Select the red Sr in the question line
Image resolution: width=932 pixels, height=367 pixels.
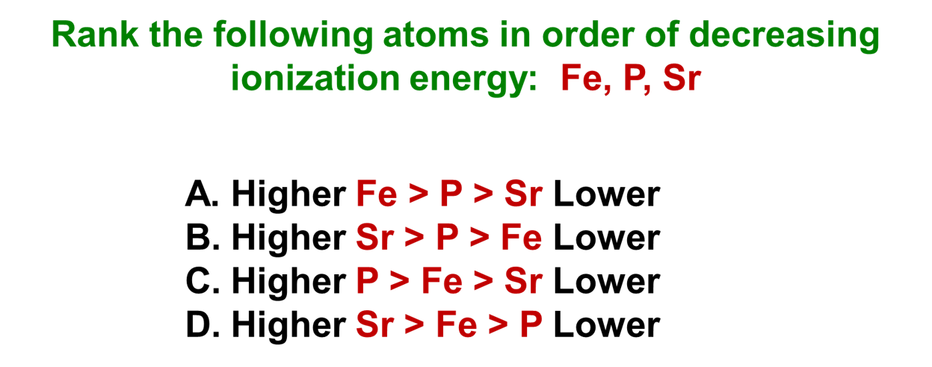[x=682, y=78]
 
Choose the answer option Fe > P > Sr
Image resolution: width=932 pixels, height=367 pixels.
[x=448, y=195]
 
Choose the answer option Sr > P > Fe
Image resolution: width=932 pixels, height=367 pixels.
[x=448, y=238]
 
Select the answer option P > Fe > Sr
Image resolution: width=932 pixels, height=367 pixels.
[x=448, y=282]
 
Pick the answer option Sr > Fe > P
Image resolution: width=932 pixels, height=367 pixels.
[x=448, y=325]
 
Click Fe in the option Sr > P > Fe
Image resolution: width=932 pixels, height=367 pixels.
[x=521, y=238]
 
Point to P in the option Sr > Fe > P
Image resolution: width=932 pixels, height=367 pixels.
[x=531, y=325]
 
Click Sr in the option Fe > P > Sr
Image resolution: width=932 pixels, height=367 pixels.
[x=522, y=195]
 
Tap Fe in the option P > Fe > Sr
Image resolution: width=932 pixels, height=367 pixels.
[x=441, y=282]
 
